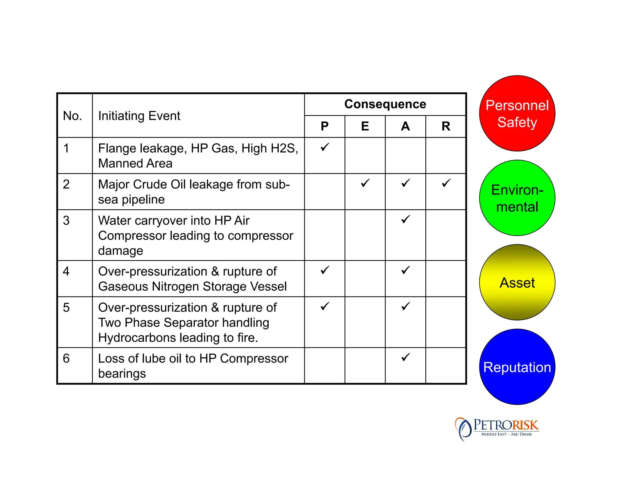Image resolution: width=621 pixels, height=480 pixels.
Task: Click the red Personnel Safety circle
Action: (517, 113)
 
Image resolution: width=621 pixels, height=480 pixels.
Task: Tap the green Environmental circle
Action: (517, 198)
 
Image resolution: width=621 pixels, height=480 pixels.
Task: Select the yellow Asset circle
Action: (517, 282)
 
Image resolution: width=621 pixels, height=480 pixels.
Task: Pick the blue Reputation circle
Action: (517, 367)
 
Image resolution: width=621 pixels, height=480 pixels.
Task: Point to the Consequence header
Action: (385, 104)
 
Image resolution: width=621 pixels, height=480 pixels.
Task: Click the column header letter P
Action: (324, 126)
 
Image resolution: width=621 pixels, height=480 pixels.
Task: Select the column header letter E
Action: (365, 126)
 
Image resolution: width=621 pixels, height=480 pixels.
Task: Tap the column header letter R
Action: (446, 126)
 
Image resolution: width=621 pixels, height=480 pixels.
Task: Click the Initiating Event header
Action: (139, 116)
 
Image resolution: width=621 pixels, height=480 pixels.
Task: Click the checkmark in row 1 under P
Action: (324, 147)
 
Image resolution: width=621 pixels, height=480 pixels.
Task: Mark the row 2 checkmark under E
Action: (365, 183)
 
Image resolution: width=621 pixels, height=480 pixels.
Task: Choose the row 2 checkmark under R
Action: (446, 183)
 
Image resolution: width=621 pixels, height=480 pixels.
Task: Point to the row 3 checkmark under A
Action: (405, 219)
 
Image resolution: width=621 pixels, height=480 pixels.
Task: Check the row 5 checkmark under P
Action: (324, 306)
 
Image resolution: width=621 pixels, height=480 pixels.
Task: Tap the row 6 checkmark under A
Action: (405, 357)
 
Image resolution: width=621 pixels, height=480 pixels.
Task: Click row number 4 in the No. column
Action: (66, 271)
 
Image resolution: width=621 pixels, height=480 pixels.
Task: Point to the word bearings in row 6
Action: (122, 374)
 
